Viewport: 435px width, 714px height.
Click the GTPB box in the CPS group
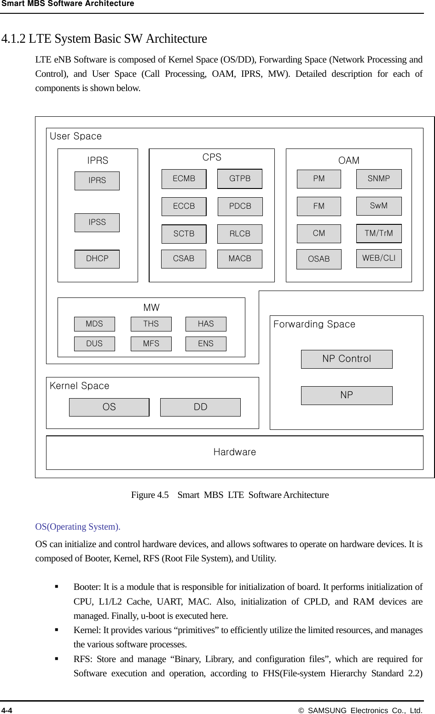pyautogui.click(x=239, y=179)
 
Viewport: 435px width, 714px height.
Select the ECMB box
pyautogui.click(x=184, y=179)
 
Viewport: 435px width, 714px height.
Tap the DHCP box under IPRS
pyautogui.click(x=97, y=259)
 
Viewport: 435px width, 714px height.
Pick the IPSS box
pyautogui.click(x=97, y=223)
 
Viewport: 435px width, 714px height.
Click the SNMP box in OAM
pyautogui.click(x=379, y=179)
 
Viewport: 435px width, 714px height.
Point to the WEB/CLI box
pyautogui.click(x=379, y=258)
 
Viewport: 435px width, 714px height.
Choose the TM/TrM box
pyautogui.click(x=379, y=234)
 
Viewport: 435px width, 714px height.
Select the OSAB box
pyautogui.click(x=319, y=259)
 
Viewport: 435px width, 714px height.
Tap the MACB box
pyautogui.click(x=240, y=259)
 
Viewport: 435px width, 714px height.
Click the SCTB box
pyautogui.click(x=184, y=234)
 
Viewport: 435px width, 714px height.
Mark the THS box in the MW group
pyautogui.click(x=151, y=324)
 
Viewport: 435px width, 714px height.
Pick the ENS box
pyautogui.click(x=206, y=344)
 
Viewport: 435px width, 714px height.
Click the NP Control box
pyautogui.click(x=347, y=359)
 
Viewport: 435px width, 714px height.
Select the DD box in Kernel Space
pyautogui.click(x=200, y=407)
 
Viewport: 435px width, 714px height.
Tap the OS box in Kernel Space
pyautogui.click(x=109, y=407)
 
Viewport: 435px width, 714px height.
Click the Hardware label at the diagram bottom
pyautogui.click(x=235, y=452)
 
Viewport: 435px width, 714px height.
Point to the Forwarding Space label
pyautogui.click(x=314, y=325)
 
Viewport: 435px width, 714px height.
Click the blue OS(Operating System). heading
pyautogui.click(x=78, y=527)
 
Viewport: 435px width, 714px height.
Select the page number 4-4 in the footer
pyautogui.click(x=7, y=710)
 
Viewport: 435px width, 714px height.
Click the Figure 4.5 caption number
pyautogui.click(x=150, y=495)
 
